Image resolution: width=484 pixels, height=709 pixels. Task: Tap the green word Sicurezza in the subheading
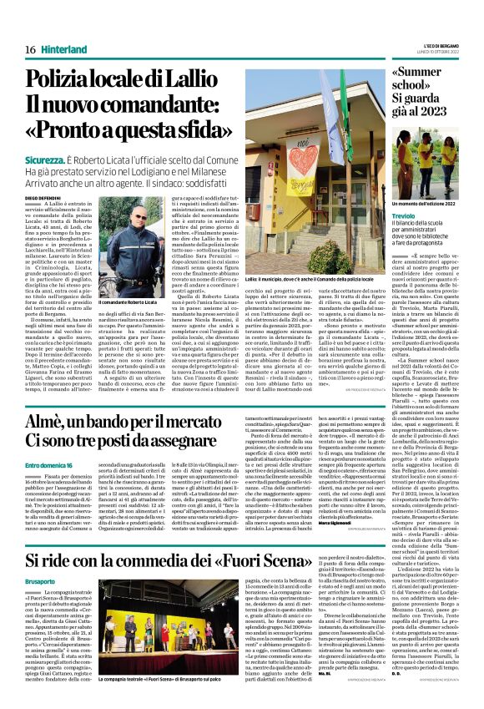point(49,158)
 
